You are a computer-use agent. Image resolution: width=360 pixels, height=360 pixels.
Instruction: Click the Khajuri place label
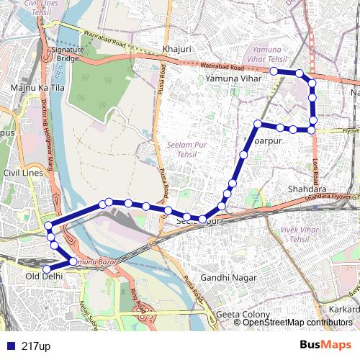point(176,49)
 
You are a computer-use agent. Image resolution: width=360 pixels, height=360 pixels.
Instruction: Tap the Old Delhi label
point(45,276)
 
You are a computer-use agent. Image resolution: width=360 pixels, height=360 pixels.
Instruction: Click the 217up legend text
point(36,346)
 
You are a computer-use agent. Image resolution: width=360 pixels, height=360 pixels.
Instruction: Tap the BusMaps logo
point(325,345)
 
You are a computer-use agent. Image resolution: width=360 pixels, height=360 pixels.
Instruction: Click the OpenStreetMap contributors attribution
point(298,323)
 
